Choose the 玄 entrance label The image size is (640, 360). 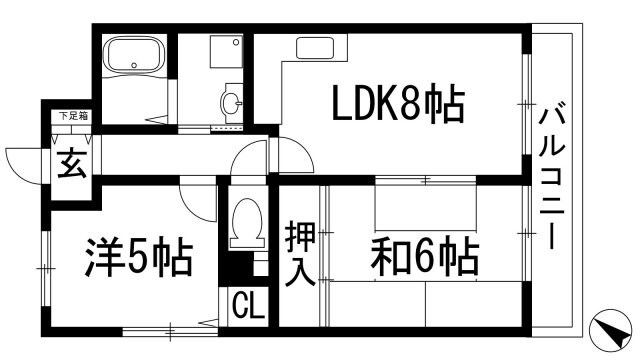(x=70, y=162)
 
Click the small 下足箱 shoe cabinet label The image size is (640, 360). (x=70, y=116)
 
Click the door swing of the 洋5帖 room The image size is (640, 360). (x=198, y=194)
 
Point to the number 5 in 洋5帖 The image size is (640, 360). (x=135, y=260)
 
